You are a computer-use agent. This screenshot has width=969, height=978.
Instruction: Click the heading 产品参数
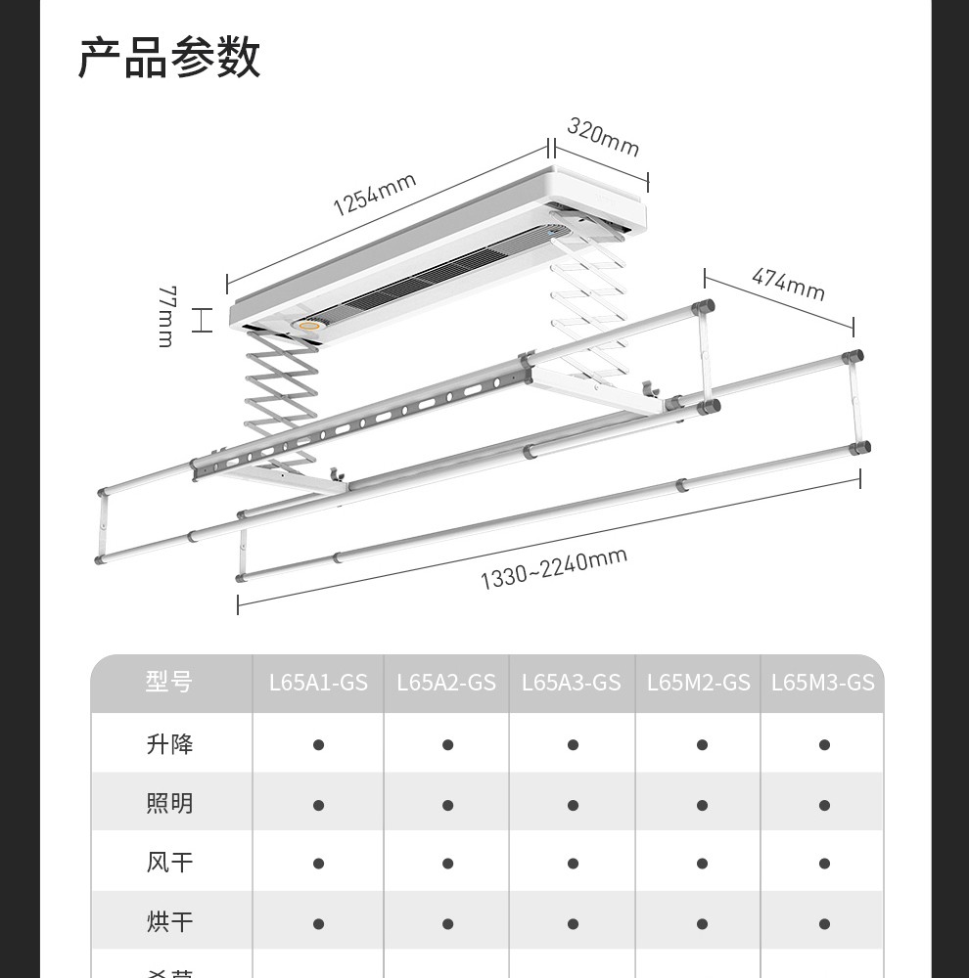coord(169,59)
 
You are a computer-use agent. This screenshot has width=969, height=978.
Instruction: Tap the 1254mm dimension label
coord(375,194)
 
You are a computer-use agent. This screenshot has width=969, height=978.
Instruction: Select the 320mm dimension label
coord(603,137)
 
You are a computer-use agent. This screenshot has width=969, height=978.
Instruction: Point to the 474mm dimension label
coord(788,284)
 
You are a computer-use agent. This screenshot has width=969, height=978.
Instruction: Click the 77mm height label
coord(165,316)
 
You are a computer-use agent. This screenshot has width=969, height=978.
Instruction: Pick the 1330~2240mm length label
coord(553,569)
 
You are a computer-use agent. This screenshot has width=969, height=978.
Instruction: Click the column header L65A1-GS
coord(318,683)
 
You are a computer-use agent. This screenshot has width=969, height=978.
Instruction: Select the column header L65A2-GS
coord(446,683)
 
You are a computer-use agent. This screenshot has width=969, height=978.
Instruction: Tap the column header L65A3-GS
coord(572,683)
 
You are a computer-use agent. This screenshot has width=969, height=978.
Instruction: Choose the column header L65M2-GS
coord(699,683)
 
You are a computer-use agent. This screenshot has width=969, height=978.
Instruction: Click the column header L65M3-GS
coord(822,683)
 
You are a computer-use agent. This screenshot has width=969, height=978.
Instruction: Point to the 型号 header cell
coord(169,683)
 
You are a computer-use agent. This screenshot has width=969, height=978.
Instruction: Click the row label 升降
coord(169,744)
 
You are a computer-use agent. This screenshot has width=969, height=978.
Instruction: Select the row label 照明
coord(169,804)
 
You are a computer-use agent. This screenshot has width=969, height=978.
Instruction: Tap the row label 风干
coord(169,864)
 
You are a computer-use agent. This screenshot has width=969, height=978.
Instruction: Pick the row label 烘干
coord(169,922)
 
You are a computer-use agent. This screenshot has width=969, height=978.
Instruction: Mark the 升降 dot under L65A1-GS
coord(318,745)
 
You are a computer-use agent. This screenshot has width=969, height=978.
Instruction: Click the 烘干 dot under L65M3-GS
coord(824,923)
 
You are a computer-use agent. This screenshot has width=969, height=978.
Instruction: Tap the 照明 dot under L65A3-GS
coord(573,805)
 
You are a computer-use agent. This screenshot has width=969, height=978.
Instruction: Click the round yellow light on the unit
coord(311,328)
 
